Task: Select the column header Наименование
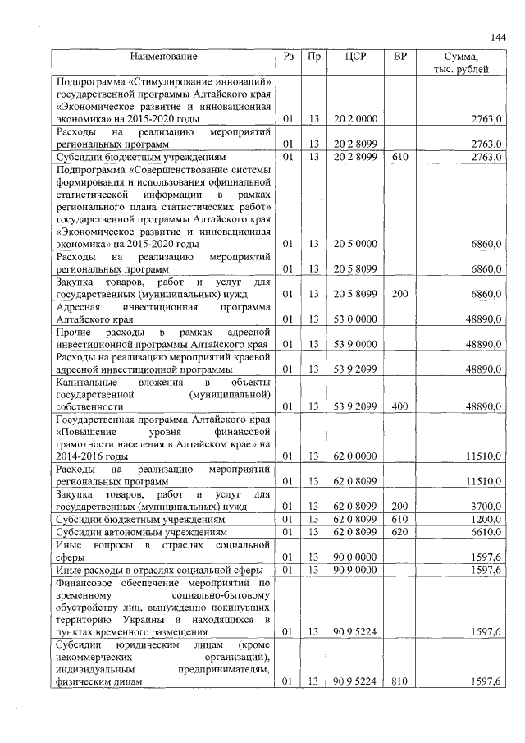click(163, 57)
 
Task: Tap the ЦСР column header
click(355, 57)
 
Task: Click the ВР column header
click(399, 57)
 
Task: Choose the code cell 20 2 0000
click(355, 119)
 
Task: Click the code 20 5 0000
click(355, 244)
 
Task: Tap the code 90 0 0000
click(355, 557)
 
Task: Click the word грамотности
click(86, 443)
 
